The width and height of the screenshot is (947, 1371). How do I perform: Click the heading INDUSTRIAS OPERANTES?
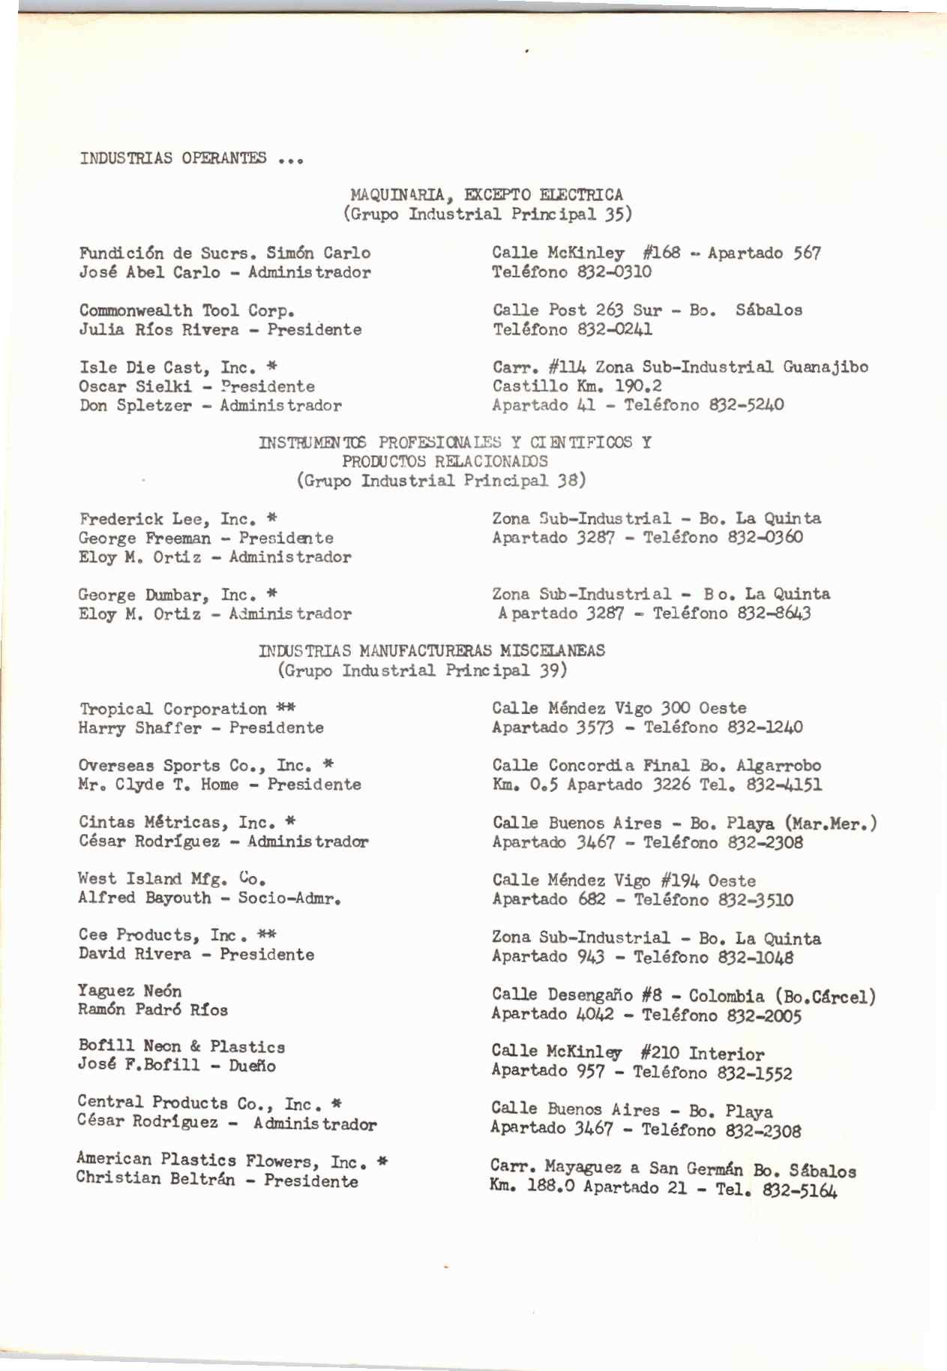173,158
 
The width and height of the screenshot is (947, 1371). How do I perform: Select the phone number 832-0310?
615,272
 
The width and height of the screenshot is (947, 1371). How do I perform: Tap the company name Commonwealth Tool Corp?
187,310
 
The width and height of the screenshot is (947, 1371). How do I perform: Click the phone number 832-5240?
747,406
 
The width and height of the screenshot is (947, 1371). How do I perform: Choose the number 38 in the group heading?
567,480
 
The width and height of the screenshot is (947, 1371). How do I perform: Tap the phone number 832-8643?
774,614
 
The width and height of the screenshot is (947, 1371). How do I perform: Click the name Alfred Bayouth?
144,898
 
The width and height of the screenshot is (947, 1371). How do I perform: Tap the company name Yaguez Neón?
130,991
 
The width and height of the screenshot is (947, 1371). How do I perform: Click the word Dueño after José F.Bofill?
253,1066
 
